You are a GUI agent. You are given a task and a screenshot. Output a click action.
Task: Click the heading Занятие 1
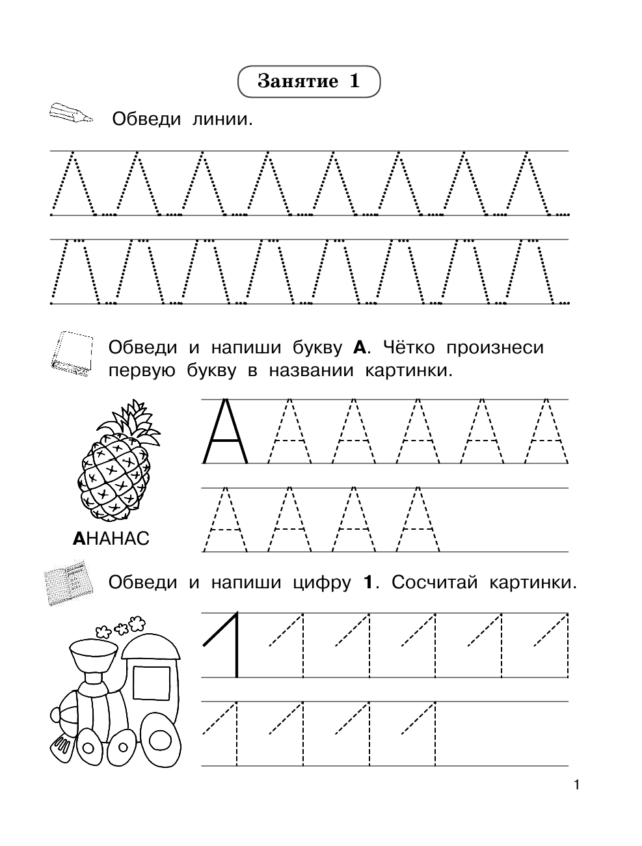pyautogui.click(x=309, y=81)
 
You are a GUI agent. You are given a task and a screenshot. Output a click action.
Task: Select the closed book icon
pyautogui.click(x=72, y=354)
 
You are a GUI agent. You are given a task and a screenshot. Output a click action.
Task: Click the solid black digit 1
pyautogui.click(x=224, y=644)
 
